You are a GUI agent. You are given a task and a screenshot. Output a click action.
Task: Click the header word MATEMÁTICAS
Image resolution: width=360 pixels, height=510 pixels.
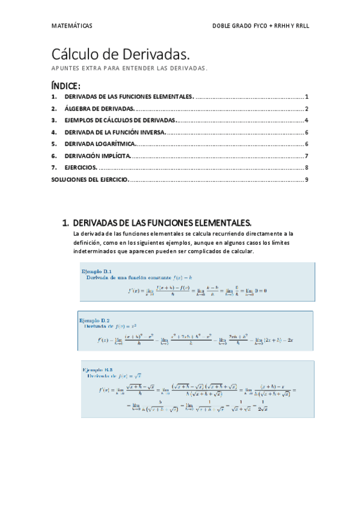coord(72,26)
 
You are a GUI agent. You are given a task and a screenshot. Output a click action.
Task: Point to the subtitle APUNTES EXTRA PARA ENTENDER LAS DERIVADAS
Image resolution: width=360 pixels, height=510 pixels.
coord(129,68)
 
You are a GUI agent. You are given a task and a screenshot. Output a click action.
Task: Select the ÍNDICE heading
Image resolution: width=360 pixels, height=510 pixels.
coord(66,85)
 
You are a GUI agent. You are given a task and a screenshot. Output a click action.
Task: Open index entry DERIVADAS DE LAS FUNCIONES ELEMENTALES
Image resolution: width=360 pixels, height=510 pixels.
coord(129,97)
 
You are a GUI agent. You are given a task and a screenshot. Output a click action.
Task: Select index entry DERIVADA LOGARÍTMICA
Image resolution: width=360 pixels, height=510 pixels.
coord(100,144)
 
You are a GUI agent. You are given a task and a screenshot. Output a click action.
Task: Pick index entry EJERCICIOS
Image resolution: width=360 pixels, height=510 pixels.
coord(81,168)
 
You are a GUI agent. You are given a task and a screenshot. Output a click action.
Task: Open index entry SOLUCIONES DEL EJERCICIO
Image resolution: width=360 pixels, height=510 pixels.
coord(90,179)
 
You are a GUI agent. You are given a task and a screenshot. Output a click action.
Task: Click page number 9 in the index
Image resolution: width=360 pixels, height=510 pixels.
coord(307,179)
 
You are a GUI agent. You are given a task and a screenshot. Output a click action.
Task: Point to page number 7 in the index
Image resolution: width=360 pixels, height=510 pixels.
coord(307,156)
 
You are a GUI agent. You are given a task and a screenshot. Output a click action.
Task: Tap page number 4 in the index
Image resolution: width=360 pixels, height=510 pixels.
coord(307,120)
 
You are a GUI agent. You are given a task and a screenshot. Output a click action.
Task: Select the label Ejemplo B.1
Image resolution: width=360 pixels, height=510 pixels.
coord(97,271)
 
